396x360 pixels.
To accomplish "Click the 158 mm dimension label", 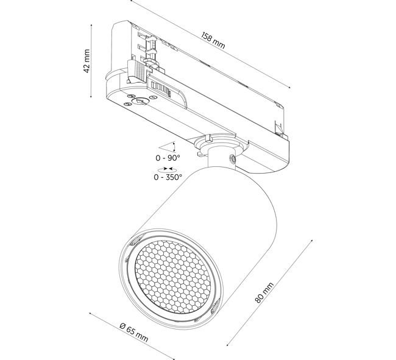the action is (213, 40).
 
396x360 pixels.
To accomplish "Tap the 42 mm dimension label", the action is (87, 62).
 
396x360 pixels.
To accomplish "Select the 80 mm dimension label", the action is (264, 292).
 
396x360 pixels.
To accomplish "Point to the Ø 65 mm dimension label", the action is (134, 332).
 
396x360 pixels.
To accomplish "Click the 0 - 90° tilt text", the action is (168, 158).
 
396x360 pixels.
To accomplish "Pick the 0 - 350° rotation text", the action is (168, 177).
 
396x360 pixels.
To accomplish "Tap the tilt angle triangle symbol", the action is (167, 147).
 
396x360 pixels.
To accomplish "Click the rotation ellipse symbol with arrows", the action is (165, 170).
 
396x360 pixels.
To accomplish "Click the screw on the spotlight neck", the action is (232, 159).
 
